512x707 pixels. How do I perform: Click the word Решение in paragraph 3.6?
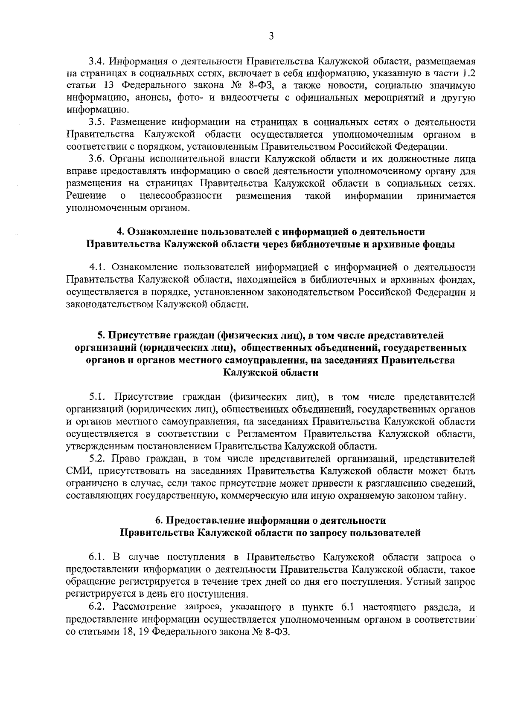coord(87,196)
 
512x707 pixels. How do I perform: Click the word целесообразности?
coord(180,196)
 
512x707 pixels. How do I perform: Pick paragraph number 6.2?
coord(97,606)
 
